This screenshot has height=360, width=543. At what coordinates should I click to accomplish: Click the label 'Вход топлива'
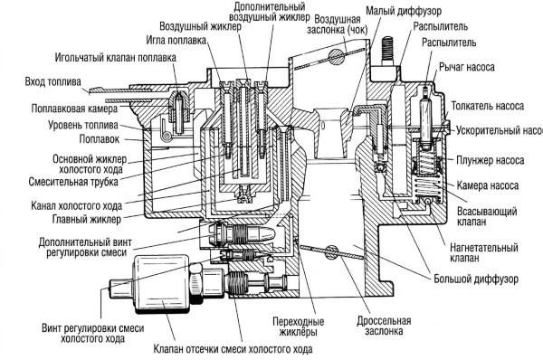pos(53,81)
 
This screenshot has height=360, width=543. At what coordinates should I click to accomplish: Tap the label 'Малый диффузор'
pos(404,11)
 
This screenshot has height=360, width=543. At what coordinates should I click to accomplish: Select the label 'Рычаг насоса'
pos(467,67)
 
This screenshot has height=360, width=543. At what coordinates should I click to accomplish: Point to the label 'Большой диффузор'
pos(476,279)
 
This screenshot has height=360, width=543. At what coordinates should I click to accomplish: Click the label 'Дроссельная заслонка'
pos(384,326)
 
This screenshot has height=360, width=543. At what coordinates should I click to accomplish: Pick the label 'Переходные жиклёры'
pos(298,327)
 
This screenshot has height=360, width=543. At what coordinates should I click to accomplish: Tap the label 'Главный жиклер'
pos(87,219)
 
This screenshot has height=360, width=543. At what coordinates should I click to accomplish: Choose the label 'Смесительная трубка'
pos(73,182)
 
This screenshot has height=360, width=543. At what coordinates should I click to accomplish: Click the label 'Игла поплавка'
pos(176,40)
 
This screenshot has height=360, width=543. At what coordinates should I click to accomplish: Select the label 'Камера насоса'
pos(488,185)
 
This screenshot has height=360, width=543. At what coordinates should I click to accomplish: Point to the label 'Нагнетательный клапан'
pos(484,252)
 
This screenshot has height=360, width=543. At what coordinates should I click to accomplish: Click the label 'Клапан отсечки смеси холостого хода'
pos(233,349)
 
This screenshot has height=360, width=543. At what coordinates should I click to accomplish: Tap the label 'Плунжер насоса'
pos(490,160)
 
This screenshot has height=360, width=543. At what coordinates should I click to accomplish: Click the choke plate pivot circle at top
pos(337,56)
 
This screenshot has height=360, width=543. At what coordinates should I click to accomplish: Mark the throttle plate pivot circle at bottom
pos(331,252)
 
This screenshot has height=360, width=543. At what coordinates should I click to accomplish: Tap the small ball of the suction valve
pos(428,201)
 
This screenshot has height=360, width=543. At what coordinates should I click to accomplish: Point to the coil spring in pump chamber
pos(427,186)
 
